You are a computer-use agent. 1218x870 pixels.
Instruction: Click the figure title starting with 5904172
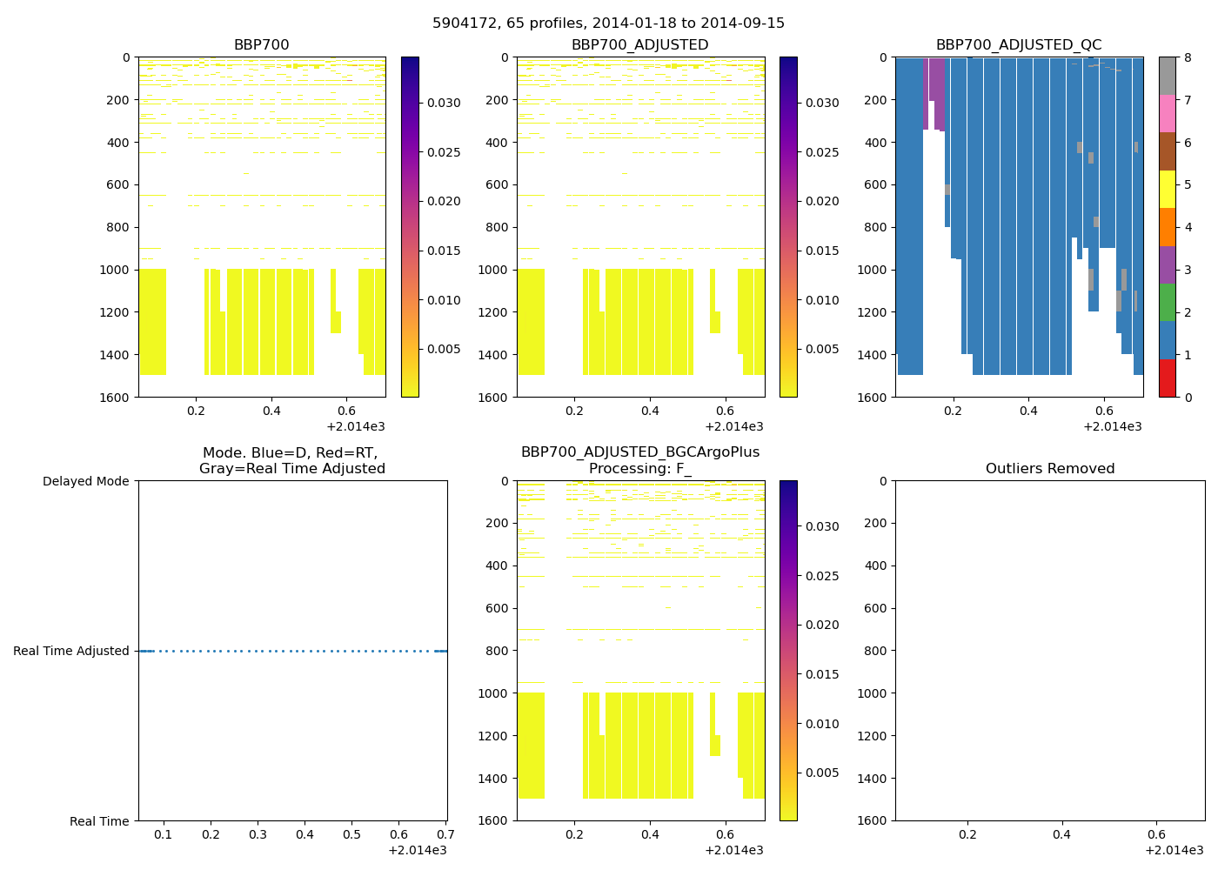(x=608, y=23)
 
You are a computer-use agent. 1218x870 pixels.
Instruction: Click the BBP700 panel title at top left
(x=261, y=45)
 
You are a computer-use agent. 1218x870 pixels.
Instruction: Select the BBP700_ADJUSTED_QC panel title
(x=1019, y=45)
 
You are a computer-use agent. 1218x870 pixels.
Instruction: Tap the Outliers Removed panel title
(x=1049, y=469)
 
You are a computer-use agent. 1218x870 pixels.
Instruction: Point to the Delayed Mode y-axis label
(x=85, y=481)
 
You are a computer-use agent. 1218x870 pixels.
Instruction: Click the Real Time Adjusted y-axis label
(x=71, y=651)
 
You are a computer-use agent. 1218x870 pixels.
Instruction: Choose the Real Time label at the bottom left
(x=99, y=821)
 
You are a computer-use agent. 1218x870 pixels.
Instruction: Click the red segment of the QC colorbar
(x=1167, y=378)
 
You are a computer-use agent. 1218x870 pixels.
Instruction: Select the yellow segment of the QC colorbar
(x=1167, y=189)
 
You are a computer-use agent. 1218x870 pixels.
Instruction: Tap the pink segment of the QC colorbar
(x=1167, y=114)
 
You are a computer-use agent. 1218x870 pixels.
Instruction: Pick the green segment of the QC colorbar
(x=1167, y=303)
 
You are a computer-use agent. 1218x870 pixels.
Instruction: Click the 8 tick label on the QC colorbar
(x=1188, y=57)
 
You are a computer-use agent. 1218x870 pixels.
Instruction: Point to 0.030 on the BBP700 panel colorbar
(x=444, y=103)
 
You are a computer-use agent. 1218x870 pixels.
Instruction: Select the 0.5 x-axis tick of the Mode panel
(x=351, y=835)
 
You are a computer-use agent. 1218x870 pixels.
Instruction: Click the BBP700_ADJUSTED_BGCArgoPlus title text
(x=639, y=452)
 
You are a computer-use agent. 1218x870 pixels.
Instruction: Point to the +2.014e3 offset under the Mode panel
(x=417, y=850)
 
